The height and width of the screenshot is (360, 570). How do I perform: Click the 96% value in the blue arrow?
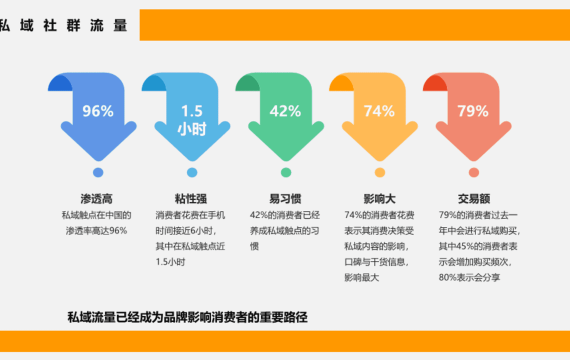(98, 111)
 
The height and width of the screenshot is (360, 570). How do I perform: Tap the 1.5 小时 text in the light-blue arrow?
(192, 120)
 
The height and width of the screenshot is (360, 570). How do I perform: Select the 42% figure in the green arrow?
(285, 111)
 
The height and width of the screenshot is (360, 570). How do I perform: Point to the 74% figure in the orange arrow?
(379, 111)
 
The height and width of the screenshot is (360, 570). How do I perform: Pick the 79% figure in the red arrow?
(473, 111)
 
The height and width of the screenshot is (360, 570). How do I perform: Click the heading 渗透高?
(97, 199)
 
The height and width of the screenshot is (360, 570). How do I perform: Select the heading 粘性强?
(191, 199)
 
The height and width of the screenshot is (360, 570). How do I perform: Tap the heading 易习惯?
(285, 199)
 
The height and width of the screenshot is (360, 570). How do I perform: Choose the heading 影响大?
(379, 199)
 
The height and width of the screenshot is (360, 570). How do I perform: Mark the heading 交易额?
(474, 199)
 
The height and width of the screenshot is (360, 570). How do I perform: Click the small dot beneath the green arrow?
(286, 172)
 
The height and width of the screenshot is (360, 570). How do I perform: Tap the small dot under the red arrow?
(474, 172)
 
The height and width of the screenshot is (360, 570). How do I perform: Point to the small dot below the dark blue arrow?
(98, 172)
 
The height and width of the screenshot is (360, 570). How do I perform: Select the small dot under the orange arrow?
(380, 172)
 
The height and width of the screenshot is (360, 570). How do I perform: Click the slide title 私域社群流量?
(64, 26)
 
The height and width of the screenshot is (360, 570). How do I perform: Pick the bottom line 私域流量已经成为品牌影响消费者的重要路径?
(188, 317)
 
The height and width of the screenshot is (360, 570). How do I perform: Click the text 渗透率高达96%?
(97, 231)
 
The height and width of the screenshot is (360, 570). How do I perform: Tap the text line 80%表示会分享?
(469, 278)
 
